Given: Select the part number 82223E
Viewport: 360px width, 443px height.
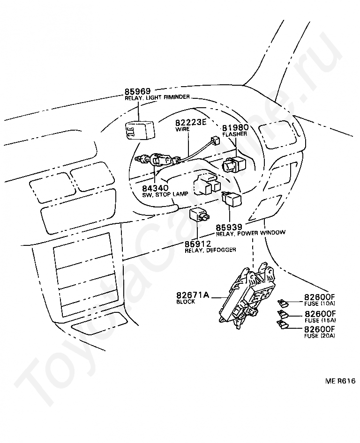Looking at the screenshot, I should click(x=191, y=121).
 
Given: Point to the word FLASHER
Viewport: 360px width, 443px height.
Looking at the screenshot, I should click(x=235, y=133).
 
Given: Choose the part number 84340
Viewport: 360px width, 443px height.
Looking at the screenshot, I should click(x=155, y=188).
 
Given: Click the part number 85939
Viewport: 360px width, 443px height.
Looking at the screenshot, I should click(x=229, y=227).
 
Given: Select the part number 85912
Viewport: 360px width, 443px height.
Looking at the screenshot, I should click(x=197, y=244).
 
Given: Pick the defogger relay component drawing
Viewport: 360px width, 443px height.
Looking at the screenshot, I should click(x=199, y=216).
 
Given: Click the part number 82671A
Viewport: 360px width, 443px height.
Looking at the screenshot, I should click(x=192, y=295).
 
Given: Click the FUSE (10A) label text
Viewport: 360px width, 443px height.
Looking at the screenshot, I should click(x=320, y=303).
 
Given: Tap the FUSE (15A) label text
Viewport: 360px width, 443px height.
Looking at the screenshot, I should click(x=320, y=320).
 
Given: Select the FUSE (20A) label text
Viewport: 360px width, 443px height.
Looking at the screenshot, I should click(x=320, y=336).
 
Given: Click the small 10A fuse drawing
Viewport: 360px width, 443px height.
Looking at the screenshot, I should click(x=282, y=303).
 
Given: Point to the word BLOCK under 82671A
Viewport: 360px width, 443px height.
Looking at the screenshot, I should click(x=186, y=303).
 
